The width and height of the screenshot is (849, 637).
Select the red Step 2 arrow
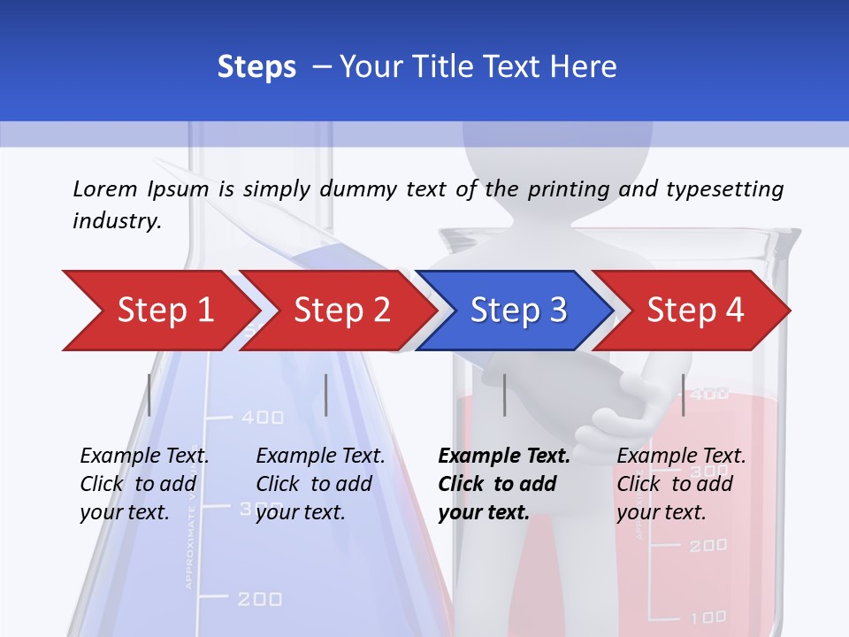pyautogui.click(x=340, y=311)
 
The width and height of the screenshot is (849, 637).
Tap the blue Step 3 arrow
pyautogui.click(x=517, y=311)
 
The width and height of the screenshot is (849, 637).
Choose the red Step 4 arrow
pyautogui.click(x=694, y=311)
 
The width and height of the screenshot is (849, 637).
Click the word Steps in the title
pyautogui.click(x=256, y=67)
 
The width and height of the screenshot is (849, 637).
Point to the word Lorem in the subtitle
pyautogui.click(x=104, y=188)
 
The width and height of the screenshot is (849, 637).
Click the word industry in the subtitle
pyautogui.click(x=116, y=220)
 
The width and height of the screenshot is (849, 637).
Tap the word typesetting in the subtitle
pyautogui.click(x=724, y=189)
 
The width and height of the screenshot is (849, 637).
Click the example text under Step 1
pyautogui.click(x=144, y=484)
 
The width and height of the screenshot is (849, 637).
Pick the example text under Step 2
pyautogui.click(x=320, y=484)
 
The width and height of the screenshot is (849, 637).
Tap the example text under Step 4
pyautogui.click(x=681, y=484)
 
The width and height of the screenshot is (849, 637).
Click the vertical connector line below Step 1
pyautogui.click(x=149, y=395)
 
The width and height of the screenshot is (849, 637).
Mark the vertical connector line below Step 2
pyautogui.click(x=326, y=395)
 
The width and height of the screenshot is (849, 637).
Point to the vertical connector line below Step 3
pyautogui.click(x=505, y=395)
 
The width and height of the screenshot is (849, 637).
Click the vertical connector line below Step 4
pyautogui.click(x=684, y=395)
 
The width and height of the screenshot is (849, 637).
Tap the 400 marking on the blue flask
pyautogui.click(x=263, y=417)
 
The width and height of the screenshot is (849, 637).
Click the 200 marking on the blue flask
pyautogui.click(x=261, y=599)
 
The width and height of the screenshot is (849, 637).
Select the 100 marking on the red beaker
pyautogui.click(x=707, y=617)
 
